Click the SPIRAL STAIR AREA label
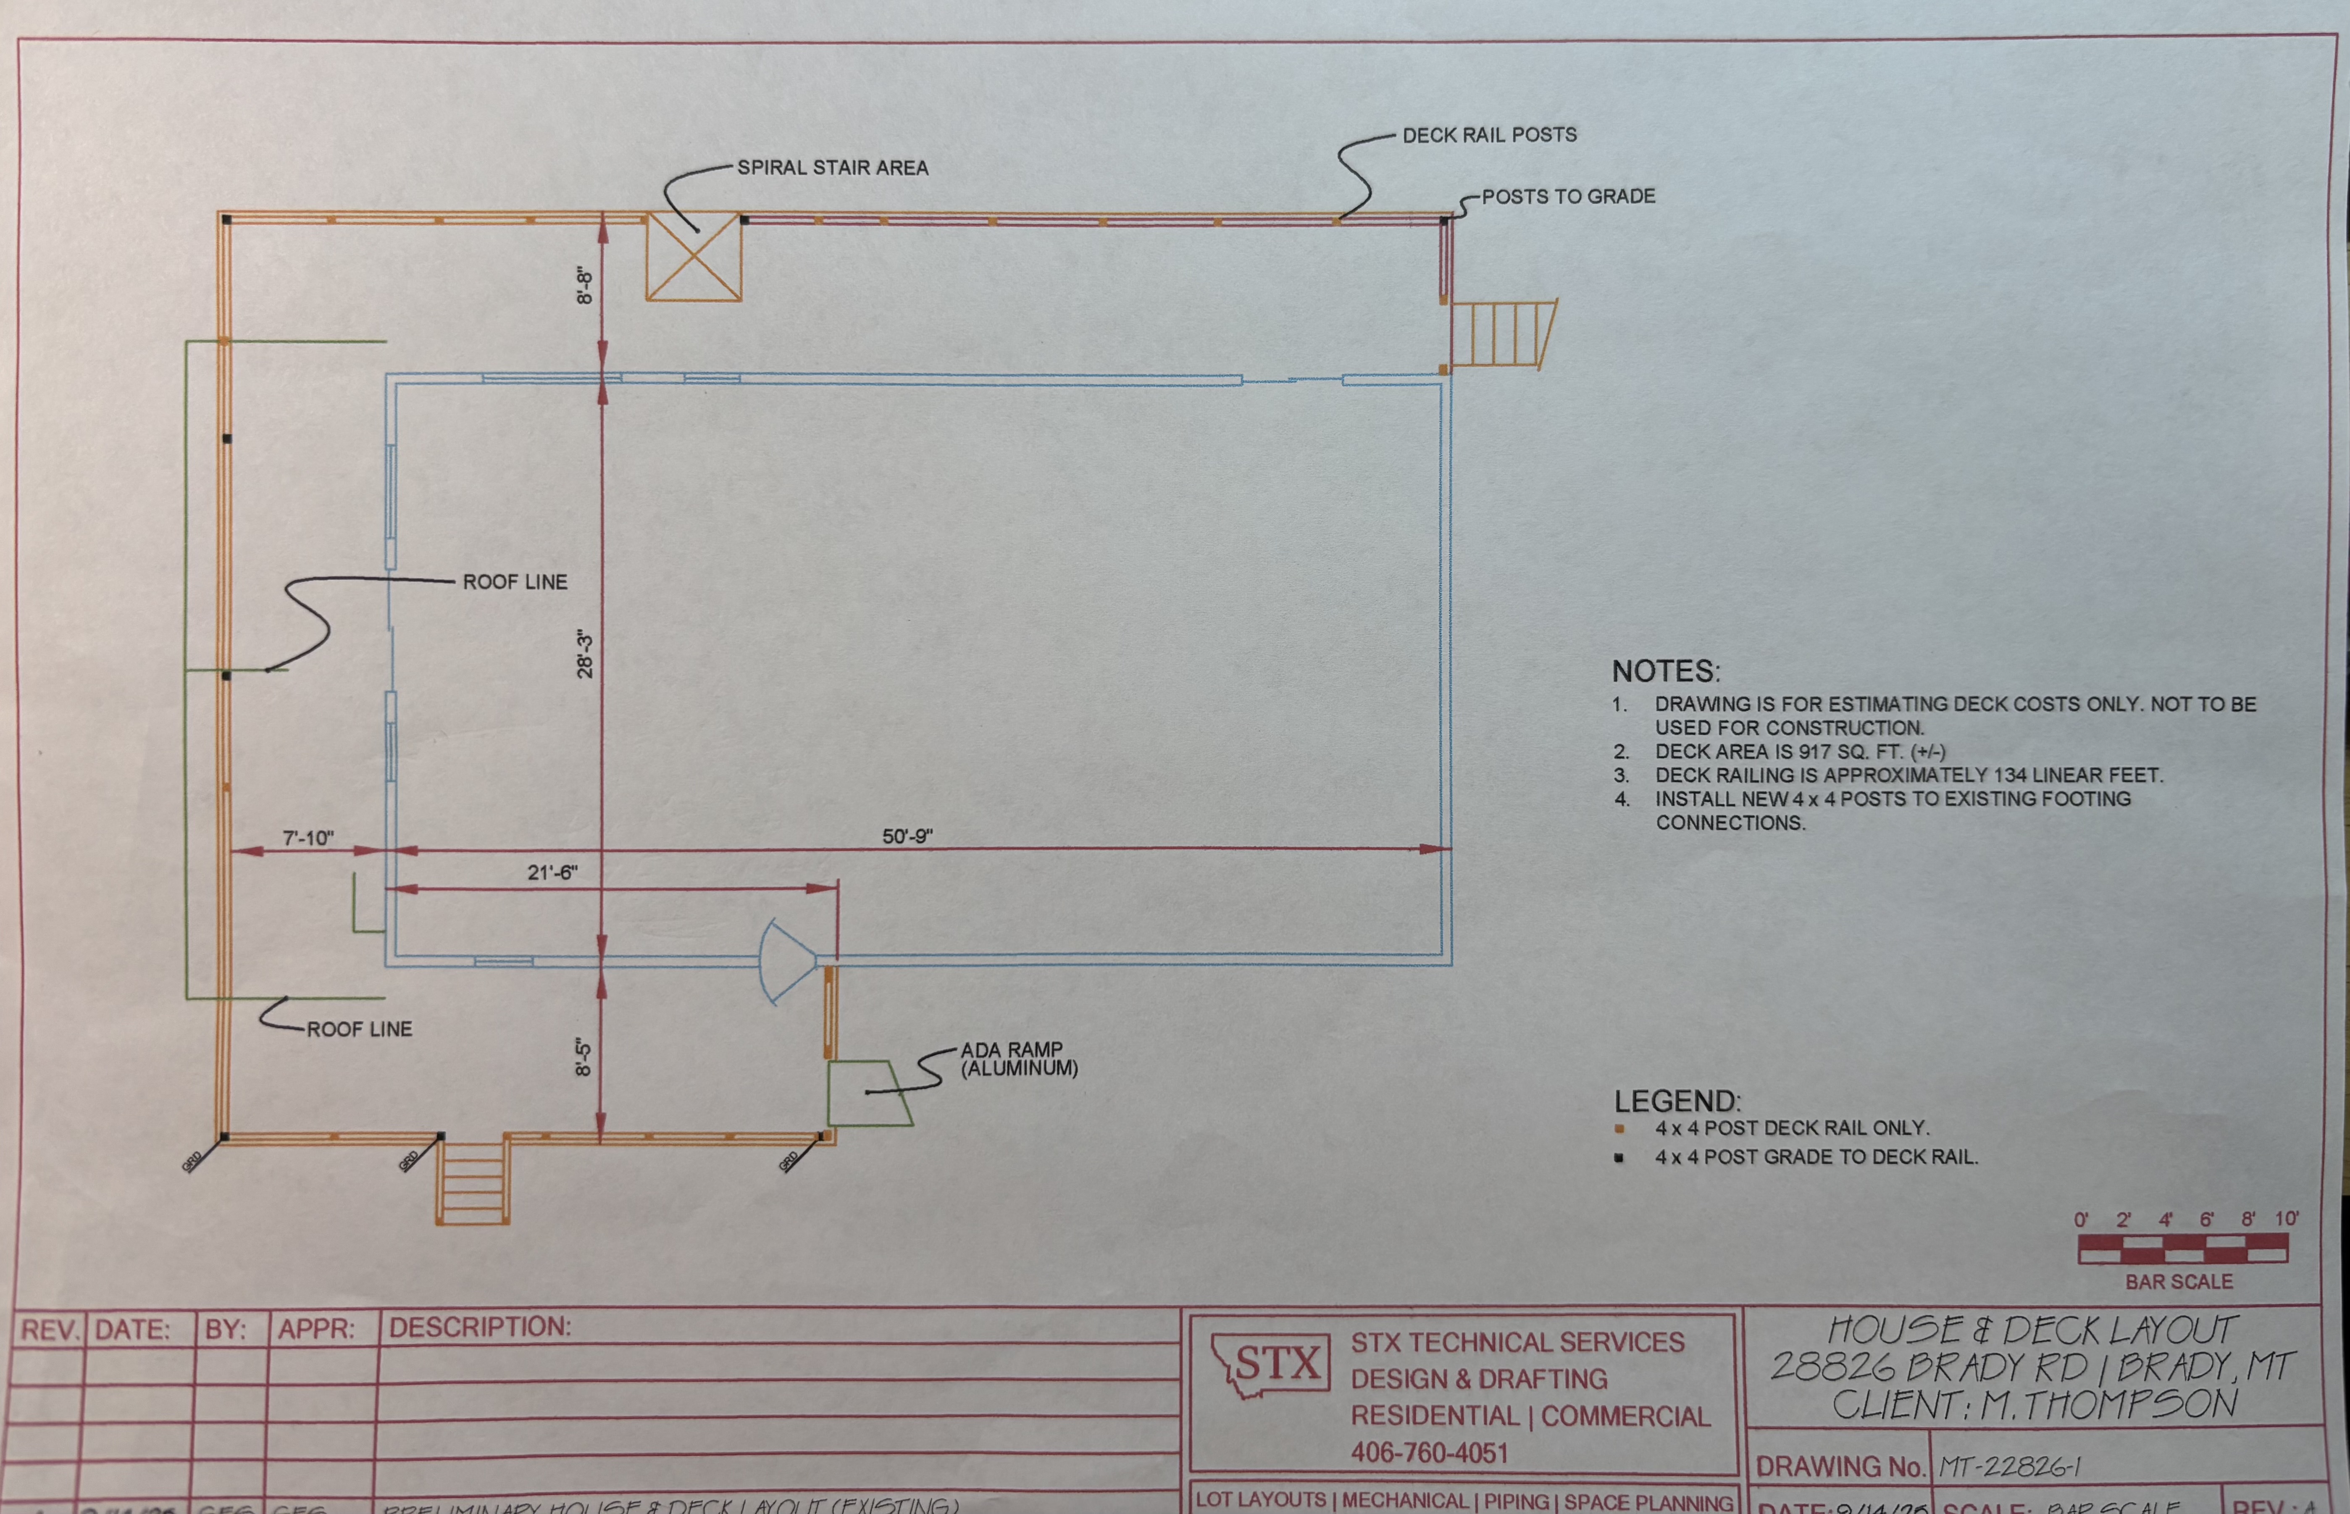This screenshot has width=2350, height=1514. coord(833,168)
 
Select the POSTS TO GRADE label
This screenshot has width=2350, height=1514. coord(1568,197)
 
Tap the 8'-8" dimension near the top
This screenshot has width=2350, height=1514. coord(585,285)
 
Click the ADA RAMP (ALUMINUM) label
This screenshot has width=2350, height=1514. coord(1018,1059)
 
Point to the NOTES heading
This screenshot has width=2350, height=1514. coord(1665,671)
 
